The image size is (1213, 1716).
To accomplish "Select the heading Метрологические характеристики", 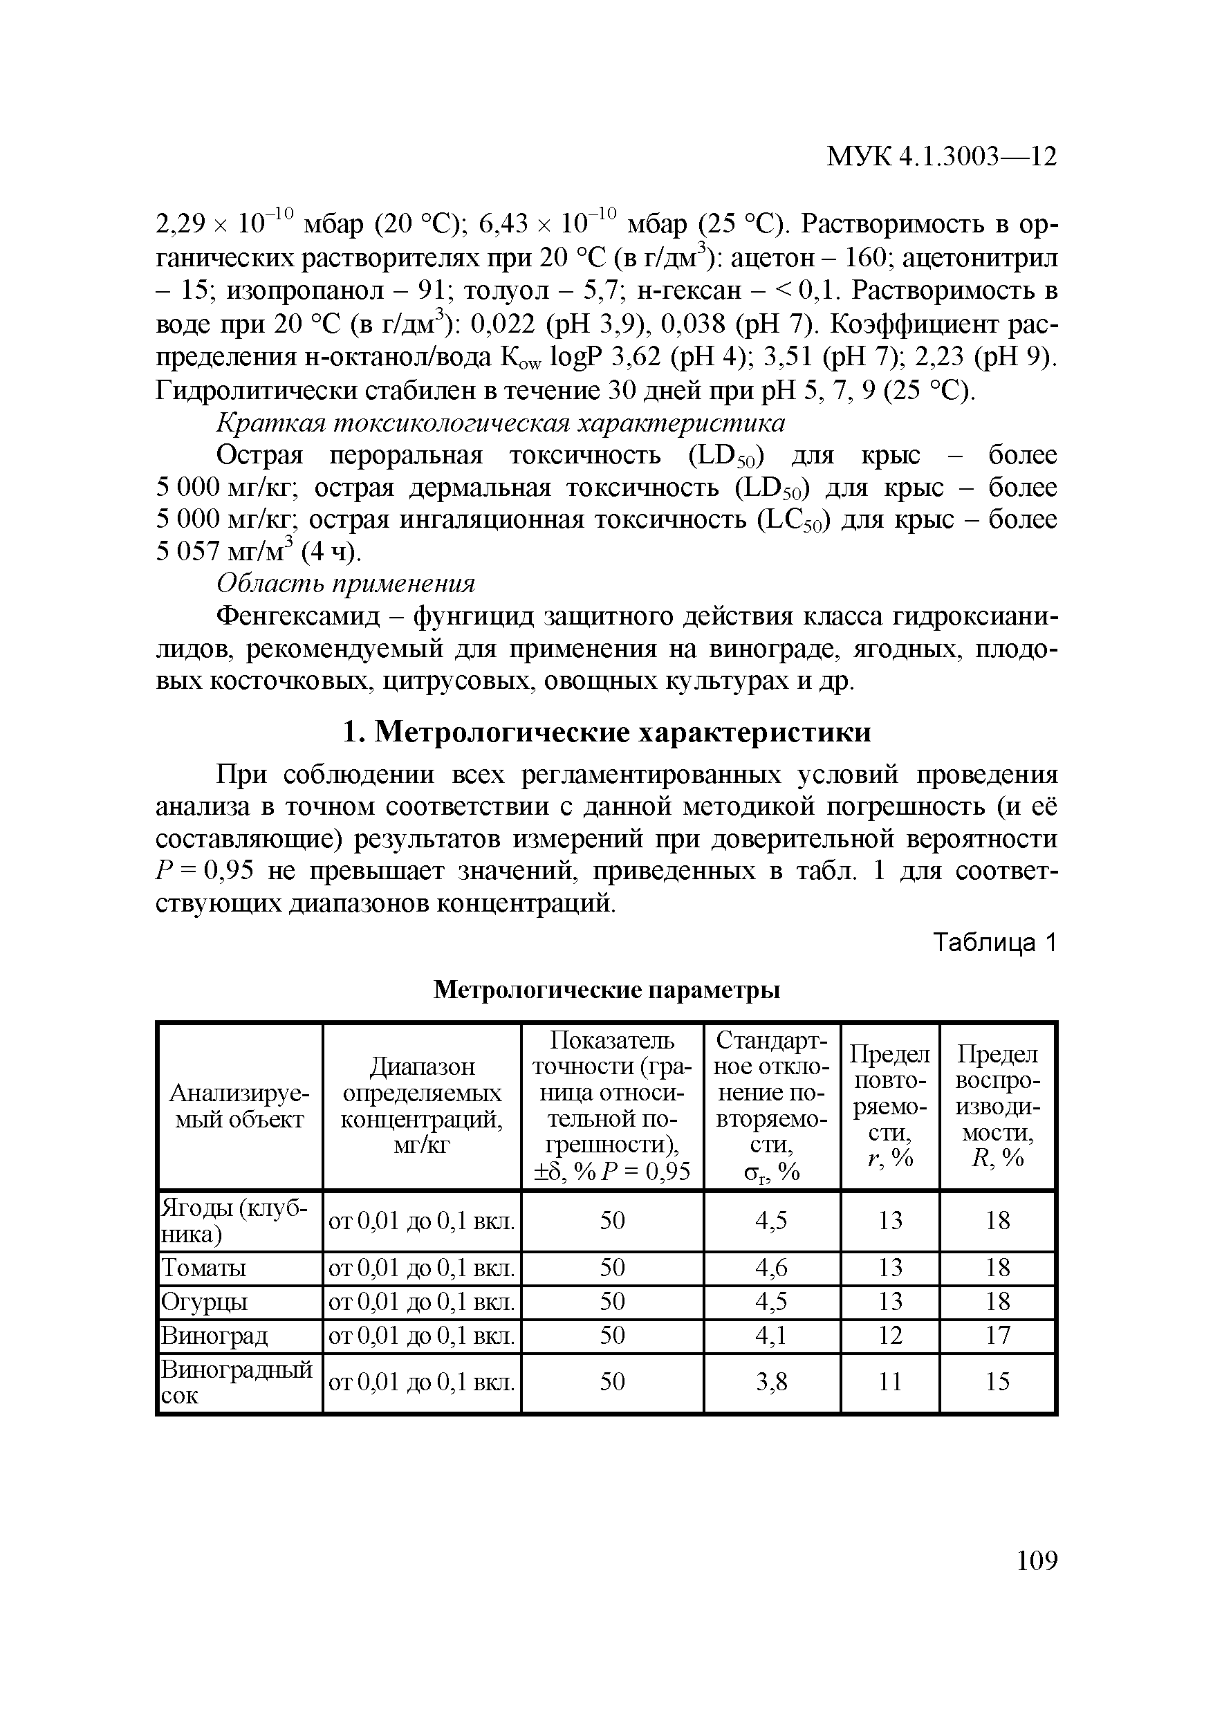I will (x=607, y=732).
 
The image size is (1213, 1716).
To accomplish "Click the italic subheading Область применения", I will (x=345, y=583).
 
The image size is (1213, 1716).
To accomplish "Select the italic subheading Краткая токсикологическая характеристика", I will (x=500, y=423).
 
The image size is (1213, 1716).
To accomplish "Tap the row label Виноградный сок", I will (x=237, y=1382).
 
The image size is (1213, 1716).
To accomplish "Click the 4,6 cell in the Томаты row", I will (x=771, y=1268).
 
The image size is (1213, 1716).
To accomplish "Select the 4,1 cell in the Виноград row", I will (x=771, y=1335).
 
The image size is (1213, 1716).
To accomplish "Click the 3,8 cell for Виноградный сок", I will (x=771, y=1382).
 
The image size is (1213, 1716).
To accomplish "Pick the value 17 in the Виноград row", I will (x=997, y=1335).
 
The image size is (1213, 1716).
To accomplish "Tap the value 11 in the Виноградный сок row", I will (x=889, y=1382).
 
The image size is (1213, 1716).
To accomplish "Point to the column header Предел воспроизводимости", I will (x=997, y=1105).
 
